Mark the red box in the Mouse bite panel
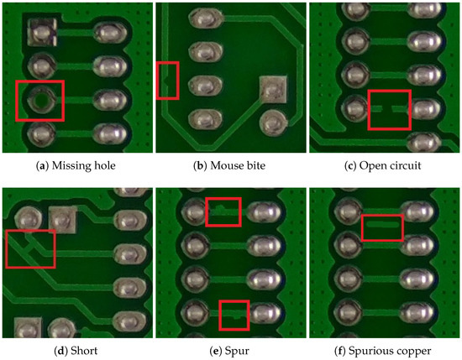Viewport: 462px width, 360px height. (168, 80)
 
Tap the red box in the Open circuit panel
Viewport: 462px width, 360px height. (389, 109)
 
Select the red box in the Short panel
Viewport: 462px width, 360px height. (29, 249)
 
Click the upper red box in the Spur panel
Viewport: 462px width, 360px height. (223, 211)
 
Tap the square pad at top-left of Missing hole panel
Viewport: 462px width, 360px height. (40, 33)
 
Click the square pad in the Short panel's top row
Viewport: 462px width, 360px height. (64, 221)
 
